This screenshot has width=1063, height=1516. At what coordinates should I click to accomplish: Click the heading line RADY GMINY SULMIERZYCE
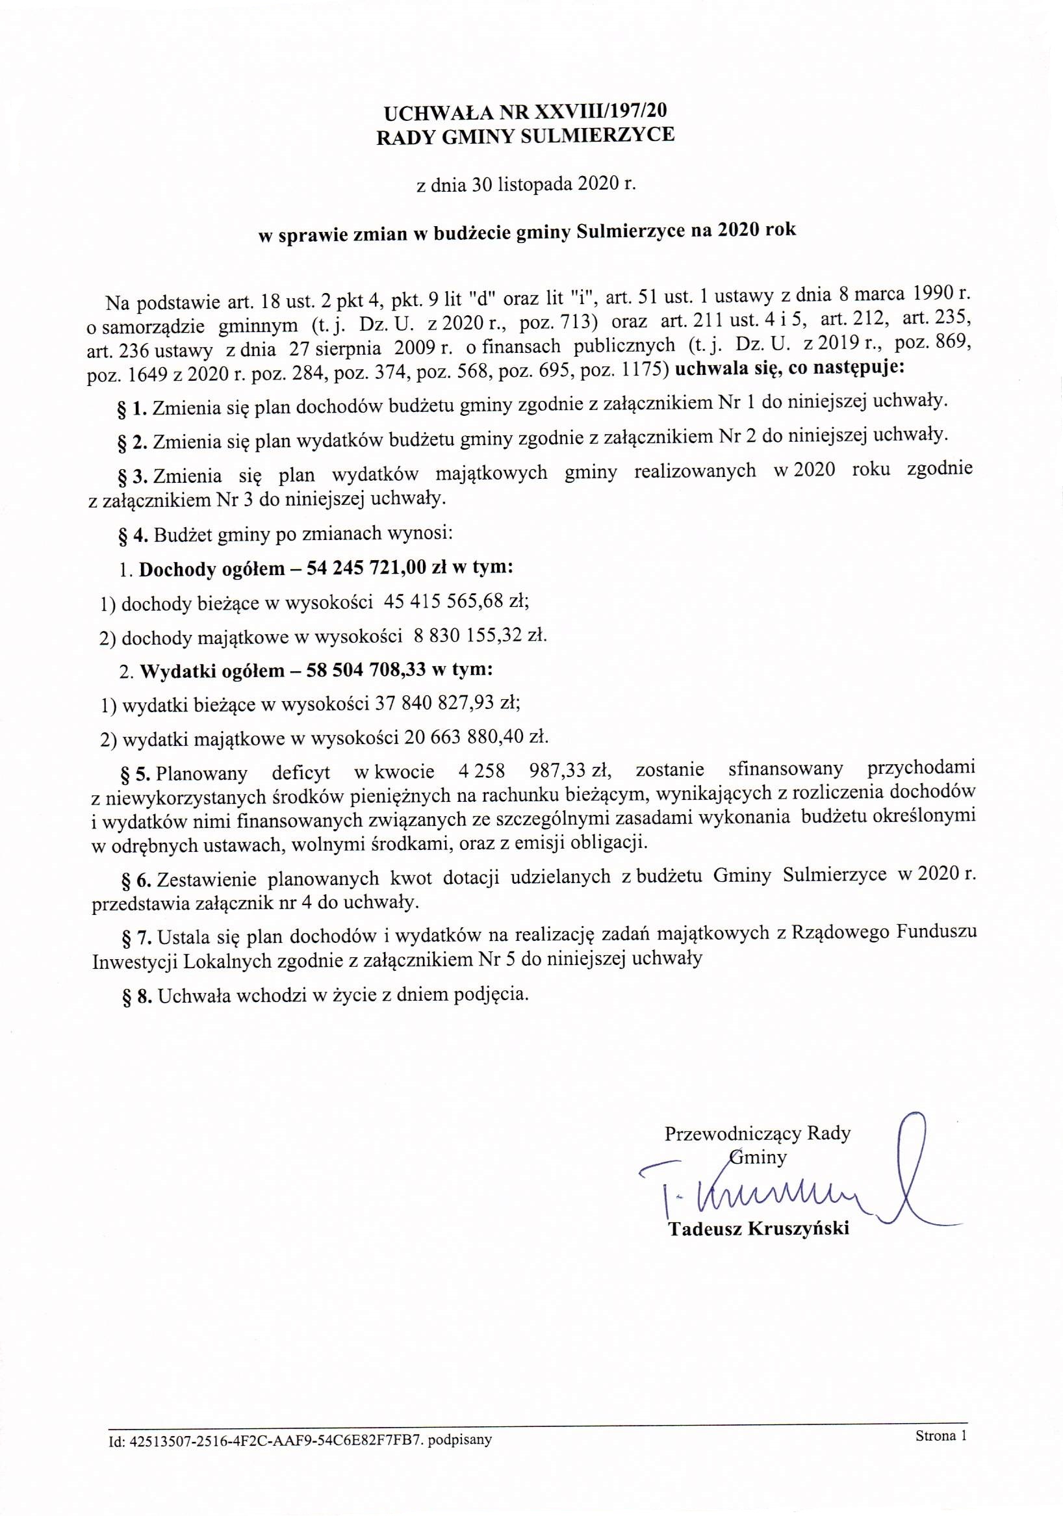pyautogui.click(x=525, y=135)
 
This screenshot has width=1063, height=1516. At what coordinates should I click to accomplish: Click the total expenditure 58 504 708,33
pyautogui.click(x=367, y=670)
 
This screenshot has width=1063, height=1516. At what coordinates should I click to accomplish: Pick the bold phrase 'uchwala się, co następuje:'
pyautogui.click(x=790, y=368)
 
